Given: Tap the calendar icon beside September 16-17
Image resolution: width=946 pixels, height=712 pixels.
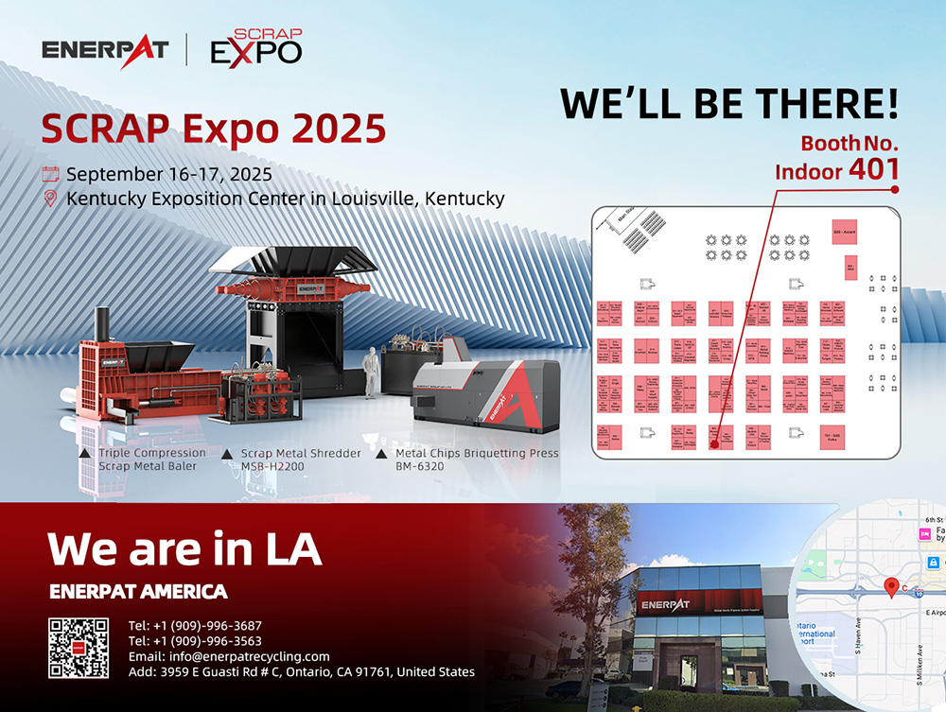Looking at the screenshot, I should pos(51,174).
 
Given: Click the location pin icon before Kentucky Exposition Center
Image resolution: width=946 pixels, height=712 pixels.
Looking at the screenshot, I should pos(51,199).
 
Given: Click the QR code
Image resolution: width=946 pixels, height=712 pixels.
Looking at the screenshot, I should pos(79,647).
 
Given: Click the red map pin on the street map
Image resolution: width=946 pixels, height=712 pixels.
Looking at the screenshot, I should pos(890,588).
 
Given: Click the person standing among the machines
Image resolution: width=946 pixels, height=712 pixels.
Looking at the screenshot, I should pos(372,371).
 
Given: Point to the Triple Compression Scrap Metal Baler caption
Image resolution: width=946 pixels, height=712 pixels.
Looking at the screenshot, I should pos(151,460).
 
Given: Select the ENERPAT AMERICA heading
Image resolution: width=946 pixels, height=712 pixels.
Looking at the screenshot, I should pos(138,592).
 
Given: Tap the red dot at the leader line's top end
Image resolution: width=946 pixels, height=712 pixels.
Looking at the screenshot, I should pos(894,189).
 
